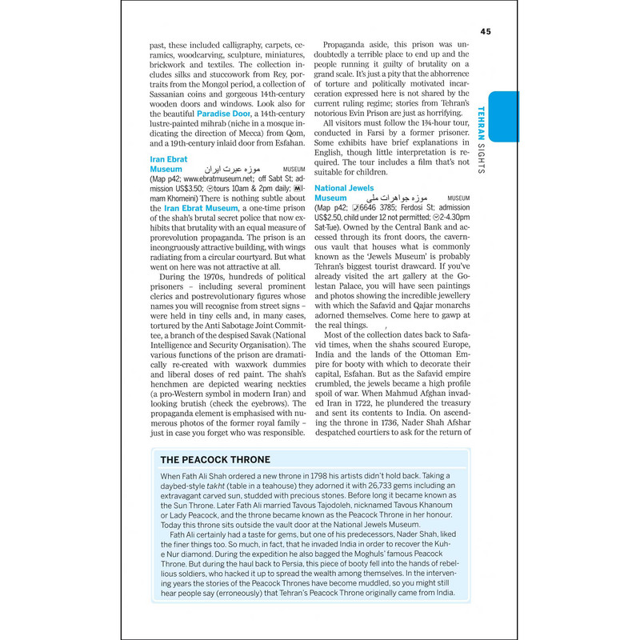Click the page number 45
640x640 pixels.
pos(486,31)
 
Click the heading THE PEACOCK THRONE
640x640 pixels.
pos(215,460)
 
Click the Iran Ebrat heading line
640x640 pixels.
pos(169,160)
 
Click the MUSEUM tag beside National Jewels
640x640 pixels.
pos(458,198)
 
